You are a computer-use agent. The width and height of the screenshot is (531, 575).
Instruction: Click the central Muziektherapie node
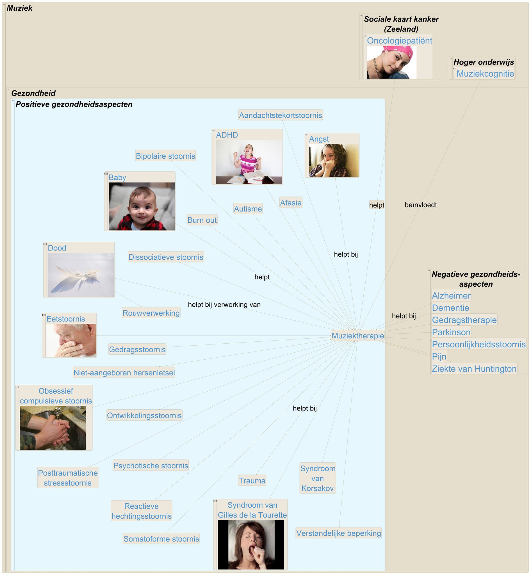click(357, 336)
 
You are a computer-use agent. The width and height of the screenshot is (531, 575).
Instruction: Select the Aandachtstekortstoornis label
click(281, 115)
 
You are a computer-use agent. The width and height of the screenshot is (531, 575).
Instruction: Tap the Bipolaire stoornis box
click(165, 156)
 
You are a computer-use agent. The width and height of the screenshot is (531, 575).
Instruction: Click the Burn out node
click(202, 220)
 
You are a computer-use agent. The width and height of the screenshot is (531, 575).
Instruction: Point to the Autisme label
click(248, 209)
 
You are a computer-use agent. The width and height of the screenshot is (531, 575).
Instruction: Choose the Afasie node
click(291, 203)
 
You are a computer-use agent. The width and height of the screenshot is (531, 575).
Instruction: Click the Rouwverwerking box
click(151, 313)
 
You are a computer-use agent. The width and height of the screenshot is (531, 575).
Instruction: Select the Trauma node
click(252, 480)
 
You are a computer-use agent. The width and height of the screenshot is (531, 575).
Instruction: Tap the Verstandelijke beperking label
click(338, 533)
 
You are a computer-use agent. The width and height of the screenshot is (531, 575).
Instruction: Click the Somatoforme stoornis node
click(161, 539)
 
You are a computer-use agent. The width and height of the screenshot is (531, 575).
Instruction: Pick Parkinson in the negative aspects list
click(451, 332)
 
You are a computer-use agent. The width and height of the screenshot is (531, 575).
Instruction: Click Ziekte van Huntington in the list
click(474, 369)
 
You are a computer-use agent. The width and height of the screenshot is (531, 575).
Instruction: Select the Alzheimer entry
click(451, 295)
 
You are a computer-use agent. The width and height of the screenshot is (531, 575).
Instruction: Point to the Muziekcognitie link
click(485, 74)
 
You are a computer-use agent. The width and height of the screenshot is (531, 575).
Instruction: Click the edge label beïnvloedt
click(421, 205)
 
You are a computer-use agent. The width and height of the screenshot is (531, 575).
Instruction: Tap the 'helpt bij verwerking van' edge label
click(224, 305)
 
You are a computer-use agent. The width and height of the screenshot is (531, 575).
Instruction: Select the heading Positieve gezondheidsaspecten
click(74, 104)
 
